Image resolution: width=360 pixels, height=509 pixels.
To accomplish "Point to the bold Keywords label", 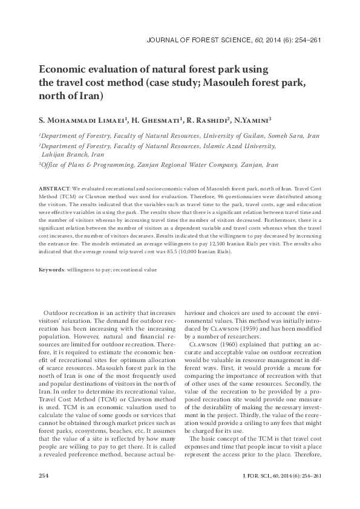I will [52, 268].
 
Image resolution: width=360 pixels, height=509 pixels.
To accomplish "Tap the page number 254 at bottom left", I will [44, 476].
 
